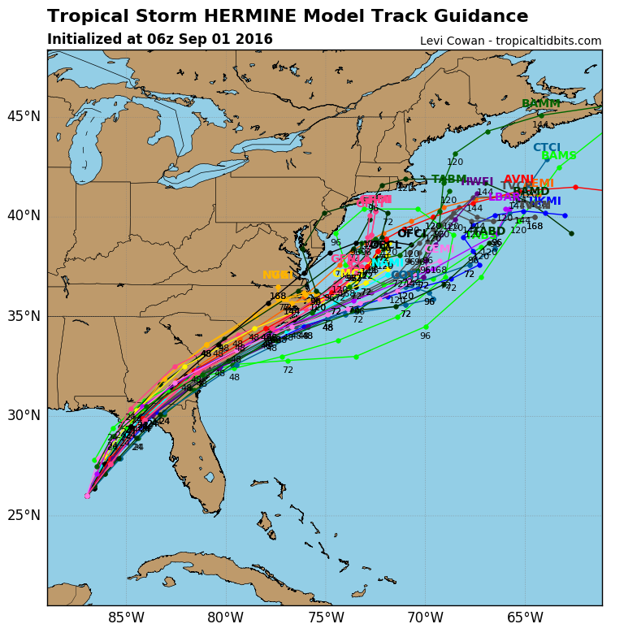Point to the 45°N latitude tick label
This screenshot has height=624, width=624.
click(24, 116)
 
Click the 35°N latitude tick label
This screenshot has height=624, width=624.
click(24, 316)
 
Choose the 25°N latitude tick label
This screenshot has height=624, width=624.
click(24, 516)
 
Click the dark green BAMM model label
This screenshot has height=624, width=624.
click(540, 104)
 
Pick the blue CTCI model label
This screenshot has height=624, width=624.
click(547, 148)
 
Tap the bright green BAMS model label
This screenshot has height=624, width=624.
click(559, 156)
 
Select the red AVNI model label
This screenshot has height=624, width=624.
click(518, 180)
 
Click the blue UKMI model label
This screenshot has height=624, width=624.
click(544, 201)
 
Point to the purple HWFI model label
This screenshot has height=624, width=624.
click(477, 182)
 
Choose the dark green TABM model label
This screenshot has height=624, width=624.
click(448, 180)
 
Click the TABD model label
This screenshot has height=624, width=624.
click(489, 232)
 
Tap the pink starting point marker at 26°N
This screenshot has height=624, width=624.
click(87, 496)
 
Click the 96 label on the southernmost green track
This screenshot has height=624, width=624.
click(425, 336)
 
